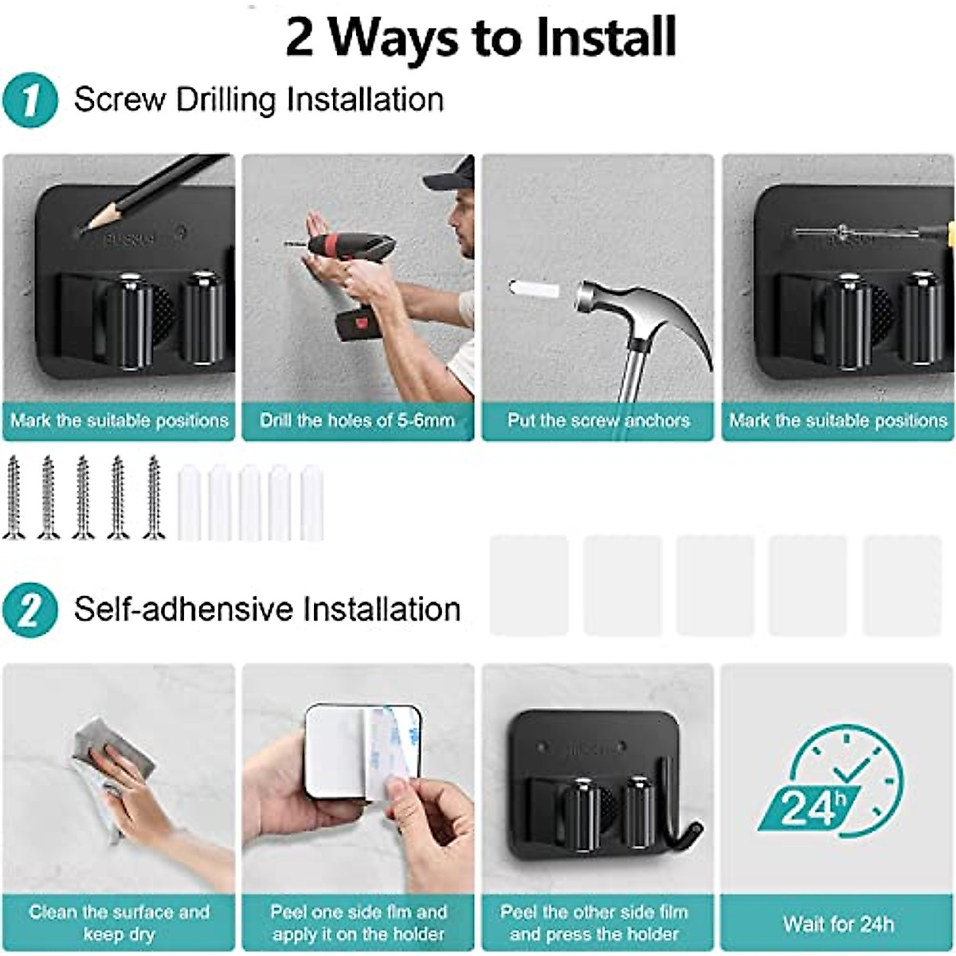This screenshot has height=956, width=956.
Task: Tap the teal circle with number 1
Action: (x=29, y=101)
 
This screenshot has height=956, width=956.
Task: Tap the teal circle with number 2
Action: (x=29, y=610)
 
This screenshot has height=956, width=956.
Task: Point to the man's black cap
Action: (x=451, y=175)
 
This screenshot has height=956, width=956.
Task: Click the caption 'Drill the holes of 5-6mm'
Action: (x=358, y=421)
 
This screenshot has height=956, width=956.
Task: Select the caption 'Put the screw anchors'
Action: (x=597, y=421)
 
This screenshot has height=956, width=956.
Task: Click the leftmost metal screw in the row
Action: (x=14, y=498)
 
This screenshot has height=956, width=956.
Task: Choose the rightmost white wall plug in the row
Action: (x=311, y=503)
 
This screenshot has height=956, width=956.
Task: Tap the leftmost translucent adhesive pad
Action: (x=529, y=586)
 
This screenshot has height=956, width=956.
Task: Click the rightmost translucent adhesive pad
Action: (x=902, y=586)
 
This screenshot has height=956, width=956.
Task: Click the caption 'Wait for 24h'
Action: (x=838, y=924)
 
